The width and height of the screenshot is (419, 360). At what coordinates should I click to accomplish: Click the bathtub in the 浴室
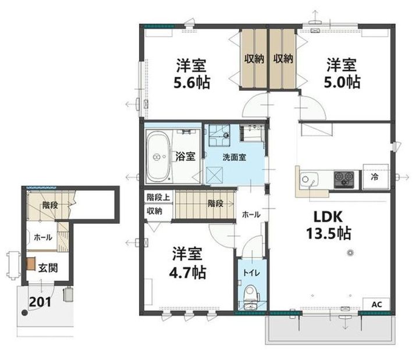click(158, 157)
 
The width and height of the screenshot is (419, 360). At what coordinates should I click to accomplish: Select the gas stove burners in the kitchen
click(344, 178)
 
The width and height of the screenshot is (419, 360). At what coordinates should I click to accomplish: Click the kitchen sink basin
click(309, 179)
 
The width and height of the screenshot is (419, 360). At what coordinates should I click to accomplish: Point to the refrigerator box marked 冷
click(375, 177)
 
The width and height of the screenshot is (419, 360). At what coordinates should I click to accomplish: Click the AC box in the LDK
click(377, 304)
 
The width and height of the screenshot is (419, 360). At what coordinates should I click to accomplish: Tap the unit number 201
click(40, 302)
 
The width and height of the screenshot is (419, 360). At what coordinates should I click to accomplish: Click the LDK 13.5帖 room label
click(328, 225)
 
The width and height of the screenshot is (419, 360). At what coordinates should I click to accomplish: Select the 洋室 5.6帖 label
click(192, 73)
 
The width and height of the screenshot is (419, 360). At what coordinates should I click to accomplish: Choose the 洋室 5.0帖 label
click(342, 73)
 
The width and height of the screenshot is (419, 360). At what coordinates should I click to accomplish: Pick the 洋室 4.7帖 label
click(187, 263)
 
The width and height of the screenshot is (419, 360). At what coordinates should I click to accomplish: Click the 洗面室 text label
click(235, 157)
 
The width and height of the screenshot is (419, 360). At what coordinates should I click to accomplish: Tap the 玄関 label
click(48, 268)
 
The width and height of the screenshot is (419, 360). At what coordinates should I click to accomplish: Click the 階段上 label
click(158, 197)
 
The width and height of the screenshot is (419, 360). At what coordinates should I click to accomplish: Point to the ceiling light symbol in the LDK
click(350, 252)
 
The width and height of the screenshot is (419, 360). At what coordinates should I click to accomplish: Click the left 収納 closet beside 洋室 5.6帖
click(254, 58)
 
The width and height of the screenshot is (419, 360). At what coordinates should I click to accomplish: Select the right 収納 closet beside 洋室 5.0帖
click(283, 58)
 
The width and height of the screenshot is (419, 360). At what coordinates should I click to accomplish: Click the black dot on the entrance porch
click(24, 313)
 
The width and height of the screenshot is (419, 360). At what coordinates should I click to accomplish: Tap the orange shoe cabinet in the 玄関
click(31, 263)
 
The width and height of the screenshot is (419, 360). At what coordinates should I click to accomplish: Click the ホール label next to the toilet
click(251, 214)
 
